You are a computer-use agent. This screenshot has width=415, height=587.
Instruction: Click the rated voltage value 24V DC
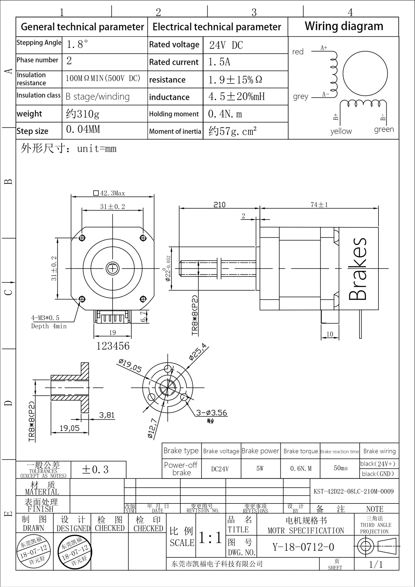tap(226, 45)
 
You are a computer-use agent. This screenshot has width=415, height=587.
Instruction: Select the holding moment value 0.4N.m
tap(225, 114)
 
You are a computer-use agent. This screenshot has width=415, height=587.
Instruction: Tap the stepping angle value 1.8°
tap(77, 44)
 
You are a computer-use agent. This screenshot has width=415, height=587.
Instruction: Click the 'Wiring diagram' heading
tap(344, 26)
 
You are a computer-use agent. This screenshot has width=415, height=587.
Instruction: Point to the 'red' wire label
tap(298, 51)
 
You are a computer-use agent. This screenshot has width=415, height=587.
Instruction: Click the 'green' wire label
tap(384, 129)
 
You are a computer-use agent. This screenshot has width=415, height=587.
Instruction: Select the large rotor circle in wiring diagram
tap(365, 74)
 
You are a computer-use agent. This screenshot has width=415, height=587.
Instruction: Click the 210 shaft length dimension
tap(219, 205)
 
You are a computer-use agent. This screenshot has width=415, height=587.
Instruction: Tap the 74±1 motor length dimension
tap(319, 205)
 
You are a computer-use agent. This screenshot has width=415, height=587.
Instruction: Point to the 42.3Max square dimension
tap(109, 193)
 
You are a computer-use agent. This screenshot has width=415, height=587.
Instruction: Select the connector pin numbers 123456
tap(113, 346)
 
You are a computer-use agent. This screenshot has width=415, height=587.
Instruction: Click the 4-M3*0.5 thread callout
tap(45, 318)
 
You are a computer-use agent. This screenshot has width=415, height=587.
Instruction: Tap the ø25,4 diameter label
tap(198, 352)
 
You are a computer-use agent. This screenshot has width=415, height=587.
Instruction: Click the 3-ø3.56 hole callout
tap(212, 413)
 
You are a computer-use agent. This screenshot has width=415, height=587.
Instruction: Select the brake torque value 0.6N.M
tap(301, 469)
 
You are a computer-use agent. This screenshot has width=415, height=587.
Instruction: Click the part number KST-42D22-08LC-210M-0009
tap(353, 491)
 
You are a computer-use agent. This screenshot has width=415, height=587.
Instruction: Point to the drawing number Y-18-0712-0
tap(303, 547)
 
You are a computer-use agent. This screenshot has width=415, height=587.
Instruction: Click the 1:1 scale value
tap(211, 538)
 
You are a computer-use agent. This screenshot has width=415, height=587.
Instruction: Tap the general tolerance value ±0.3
tap(95, 470)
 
